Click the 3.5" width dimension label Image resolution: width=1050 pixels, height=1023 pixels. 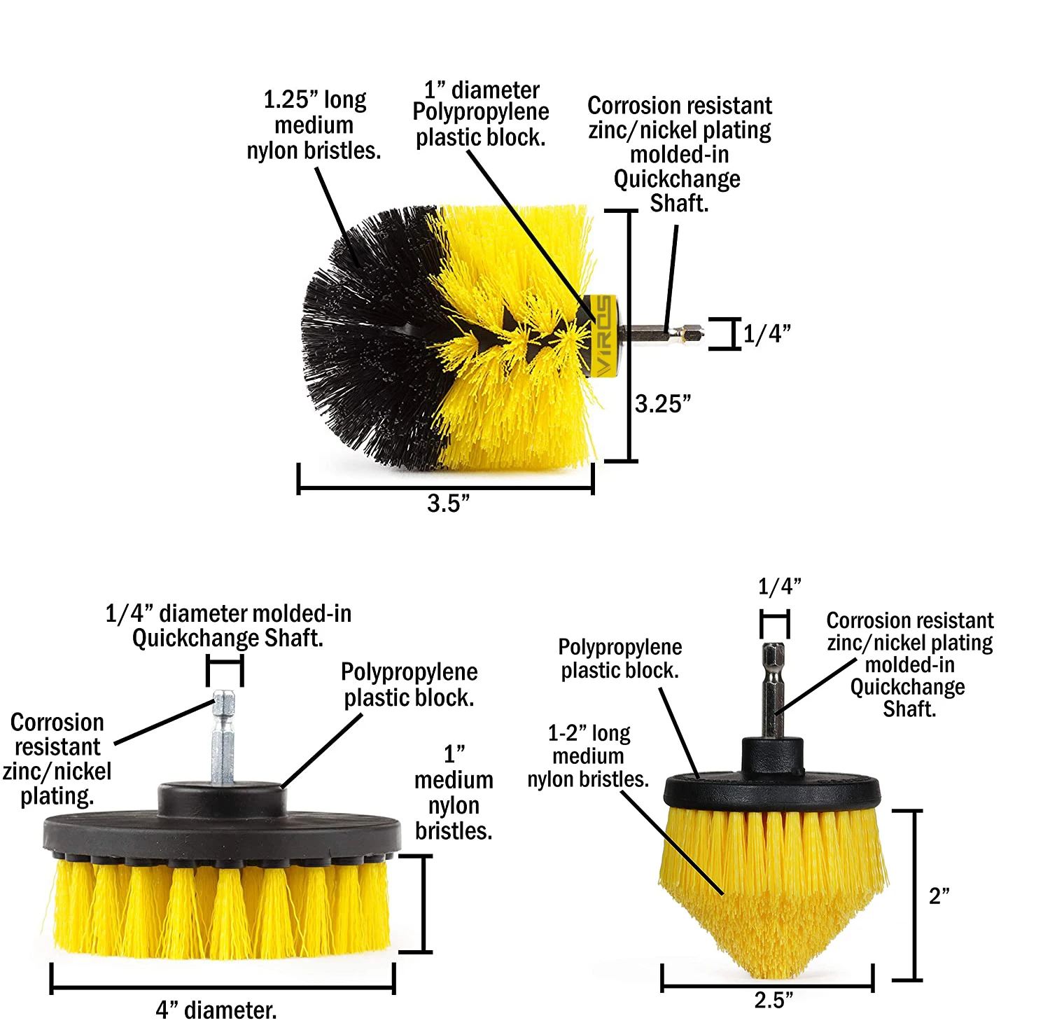(449, 503)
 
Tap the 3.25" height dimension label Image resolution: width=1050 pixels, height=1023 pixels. (663, 404)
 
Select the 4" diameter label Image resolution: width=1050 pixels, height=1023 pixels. (216, 1010)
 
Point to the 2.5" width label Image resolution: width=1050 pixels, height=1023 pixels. (773, 1000)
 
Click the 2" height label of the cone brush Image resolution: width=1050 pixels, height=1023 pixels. (939, 896)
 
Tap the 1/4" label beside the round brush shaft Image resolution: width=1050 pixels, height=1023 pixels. (767, 333)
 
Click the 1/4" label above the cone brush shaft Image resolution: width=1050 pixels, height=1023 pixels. (780, 586)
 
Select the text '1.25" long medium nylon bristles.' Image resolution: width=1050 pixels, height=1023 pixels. (314, 125)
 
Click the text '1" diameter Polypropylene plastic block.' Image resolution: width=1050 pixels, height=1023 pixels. (481, 113)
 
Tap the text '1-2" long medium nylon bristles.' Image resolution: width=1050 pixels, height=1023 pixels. (588, 756)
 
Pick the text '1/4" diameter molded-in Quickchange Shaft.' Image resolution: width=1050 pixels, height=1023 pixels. (228, 626)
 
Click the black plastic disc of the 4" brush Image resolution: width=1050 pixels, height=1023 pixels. (223, 830)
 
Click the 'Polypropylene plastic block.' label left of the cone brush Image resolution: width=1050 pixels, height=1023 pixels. (620, 659)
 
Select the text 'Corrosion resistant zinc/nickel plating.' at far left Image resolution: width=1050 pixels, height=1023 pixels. (57, 760)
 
